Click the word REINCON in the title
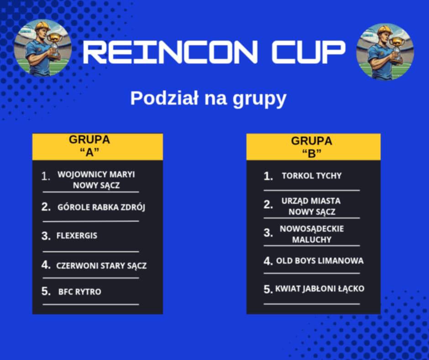[x=170, y=52]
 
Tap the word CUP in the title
[x=309, y=52]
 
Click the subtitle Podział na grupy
[x=208, y=99]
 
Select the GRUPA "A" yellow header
[x=98, y=147]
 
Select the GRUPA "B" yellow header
[x=314, y=147]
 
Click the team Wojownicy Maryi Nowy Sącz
[x=96, y=180]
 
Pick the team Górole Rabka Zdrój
[x=101, y=207]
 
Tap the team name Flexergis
[x=77, y=236]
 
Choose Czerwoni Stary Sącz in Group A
[x=101, y=265]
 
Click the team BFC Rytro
[x=79, y=292]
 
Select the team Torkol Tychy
[x=312, y=175]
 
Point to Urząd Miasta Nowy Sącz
[x=311, y=206]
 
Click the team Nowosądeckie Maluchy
[x=312, y=234]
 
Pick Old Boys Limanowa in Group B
[x=320, y=260]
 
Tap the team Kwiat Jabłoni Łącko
[x=320, y=289]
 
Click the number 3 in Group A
[x=46, y=236]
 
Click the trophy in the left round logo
[x=55, y=45]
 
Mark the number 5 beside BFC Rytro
[x=46, y=291]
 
